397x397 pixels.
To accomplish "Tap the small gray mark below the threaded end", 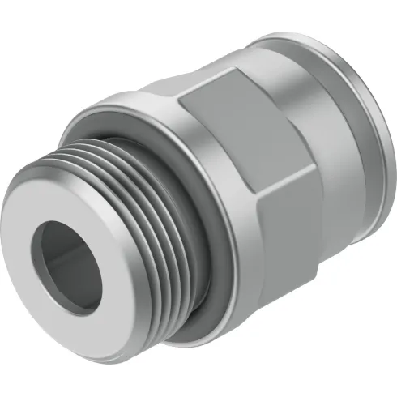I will pos(105,367).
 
